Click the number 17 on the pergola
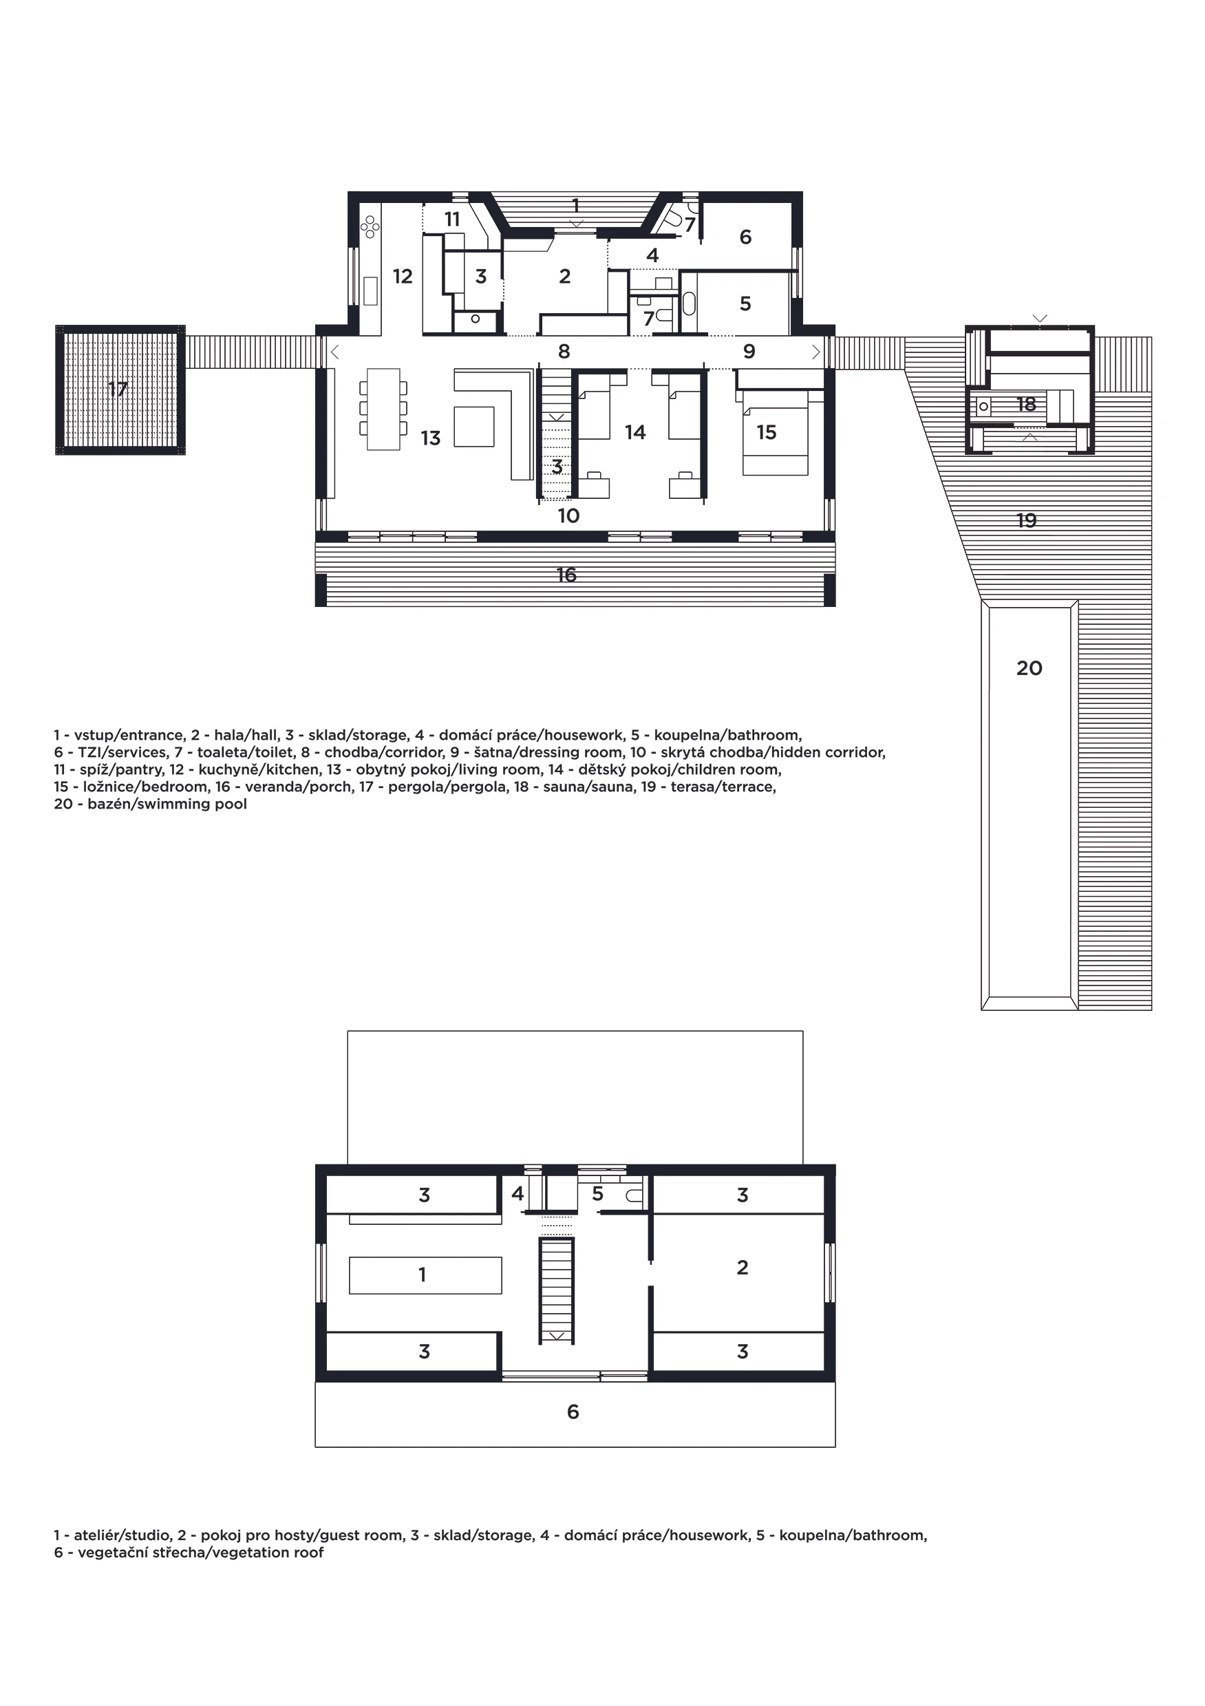coord(118,390)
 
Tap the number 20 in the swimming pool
coord(1029,669)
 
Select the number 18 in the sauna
coord(1026,404)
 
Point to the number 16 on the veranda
coord(566,575)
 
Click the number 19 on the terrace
coord(1027,521)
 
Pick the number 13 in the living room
coord(431,438)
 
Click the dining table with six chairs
coord(383,409)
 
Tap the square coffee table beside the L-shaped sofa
coord(474,427)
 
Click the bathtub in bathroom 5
coord(689,305)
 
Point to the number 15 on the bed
coord(767,432)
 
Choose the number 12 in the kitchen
coord(403,277)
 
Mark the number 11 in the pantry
coord(452,220)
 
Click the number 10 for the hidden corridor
coord(568,515)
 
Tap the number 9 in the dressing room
coord(749,352)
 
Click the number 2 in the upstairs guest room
coord(742,1268)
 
